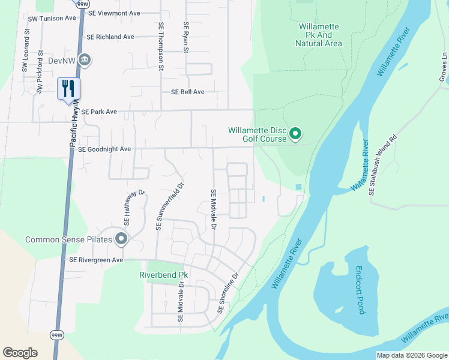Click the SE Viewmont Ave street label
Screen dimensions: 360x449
click(x=113, y=13)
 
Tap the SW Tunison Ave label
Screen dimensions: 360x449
click(x=52, y=18)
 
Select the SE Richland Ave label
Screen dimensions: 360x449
click(x=110, y=37)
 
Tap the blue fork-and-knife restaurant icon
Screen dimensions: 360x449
click(x=68, y=88)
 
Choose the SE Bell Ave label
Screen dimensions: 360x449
click(x=188, y=92)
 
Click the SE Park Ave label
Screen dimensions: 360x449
click(x=98, y=112)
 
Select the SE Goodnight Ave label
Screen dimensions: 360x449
click(x=100, y=149)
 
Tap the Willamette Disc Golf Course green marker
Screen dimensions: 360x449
click(x=295, y=134)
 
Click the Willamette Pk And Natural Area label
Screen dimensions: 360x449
click(x=319, y=35)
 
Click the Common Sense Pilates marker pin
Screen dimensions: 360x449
click(x=122, y=239)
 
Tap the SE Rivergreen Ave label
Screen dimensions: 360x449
click(x=96, y=260)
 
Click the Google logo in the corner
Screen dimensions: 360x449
click(x=20, y=353)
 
